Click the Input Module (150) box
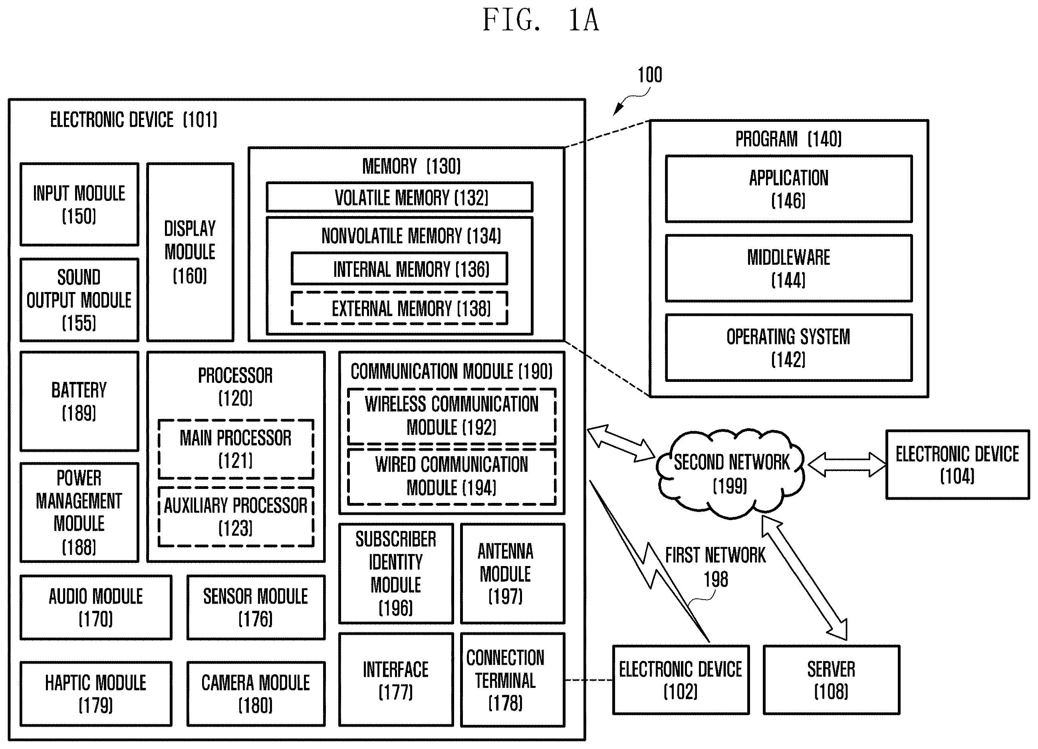(79, 204)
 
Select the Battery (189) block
(79, 401)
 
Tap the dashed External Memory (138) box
(399, 308)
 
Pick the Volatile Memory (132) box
(399, 197)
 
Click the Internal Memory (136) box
(399, 269)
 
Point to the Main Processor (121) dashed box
(236, 449)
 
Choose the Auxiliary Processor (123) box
(236, 517)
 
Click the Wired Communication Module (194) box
(452, 477)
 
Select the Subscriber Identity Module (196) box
(396, 574)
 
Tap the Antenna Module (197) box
(512, 574)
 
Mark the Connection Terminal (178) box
(512, 680)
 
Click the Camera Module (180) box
(256, 693)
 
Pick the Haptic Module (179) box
(96, 693)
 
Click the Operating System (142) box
(788, 348)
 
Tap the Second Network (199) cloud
(731, 473)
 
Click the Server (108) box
(831, 680)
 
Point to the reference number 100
(650, 75)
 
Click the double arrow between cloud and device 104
(847, 465)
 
